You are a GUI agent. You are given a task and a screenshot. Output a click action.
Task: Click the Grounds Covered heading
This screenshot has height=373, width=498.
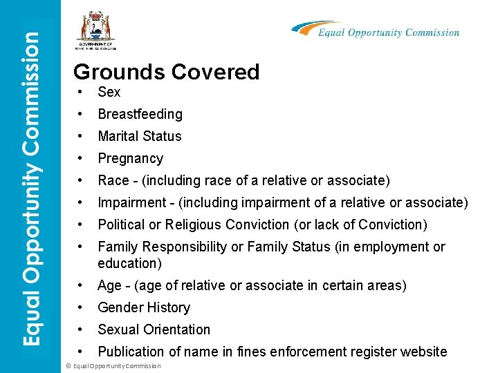(x=166, y=72)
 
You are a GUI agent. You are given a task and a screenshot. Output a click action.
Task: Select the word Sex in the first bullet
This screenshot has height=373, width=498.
(x=109, y=92)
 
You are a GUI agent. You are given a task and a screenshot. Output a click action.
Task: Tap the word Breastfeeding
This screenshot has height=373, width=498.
(x=140, y=114)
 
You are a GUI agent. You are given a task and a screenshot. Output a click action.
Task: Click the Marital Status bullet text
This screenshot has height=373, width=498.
(x=139, y=136)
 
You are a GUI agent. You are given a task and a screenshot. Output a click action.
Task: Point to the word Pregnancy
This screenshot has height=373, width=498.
(x=130, y=158)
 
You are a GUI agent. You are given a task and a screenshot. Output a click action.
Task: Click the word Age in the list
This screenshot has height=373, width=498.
(x=109, y=285)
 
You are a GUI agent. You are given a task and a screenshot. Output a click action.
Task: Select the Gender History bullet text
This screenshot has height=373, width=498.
(x=144, y=307)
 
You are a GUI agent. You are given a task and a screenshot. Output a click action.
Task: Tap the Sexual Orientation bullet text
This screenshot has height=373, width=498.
(x=154, y=329)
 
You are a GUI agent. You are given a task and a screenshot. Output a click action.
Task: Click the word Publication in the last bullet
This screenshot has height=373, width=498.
(x=132, y=352)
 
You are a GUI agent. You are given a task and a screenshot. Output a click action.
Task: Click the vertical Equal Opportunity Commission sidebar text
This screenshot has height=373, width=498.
(x=30, y=186)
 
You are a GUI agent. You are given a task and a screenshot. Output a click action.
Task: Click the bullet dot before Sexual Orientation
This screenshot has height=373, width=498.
(x=82, y=329)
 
